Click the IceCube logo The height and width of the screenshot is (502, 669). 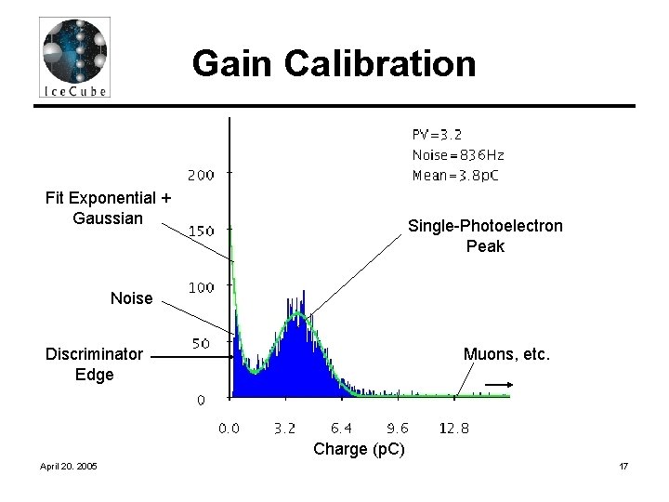pos(74,58)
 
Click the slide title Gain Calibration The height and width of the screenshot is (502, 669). pos(334,63)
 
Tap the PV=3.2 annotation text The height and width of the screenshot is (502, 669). pos(437,135)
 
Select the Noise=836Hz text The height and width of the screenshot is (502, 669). pos(458,155)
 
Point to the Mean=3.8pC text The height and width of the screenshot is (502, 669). pos(455,176)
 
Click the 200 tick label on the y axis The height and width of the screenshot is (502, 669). pos(201,175)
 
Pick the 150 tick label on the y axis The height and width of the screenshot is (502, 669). pos(201,231)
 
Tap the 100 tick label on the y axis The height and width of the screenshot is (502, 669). pos(201,287)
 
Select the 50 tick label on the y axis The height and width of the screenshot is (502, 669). pos(201,344)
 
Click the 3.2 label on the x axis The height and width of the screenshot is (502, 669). pos(284,429)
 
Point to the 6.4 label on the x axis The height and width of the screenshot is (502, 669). pos(341,429)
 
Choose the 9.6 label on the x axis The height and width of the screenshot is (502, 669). pos(398,429)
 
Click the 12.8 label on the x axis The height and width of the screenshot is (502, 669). pos(454,429)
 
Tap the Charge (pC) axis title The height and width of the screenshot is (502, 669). pos(359,449)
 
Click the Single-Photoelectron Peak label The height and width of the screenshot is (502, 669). pos(486,236)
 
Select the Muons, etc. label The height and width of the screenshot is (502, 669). pos(506,354)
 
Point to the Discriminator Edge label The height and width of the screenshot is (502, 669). pos(94,364)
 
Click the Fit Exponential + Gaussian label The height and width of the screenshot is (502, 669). pos(108,208)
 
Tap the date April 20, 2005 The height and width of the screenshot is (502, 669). pos(68,466)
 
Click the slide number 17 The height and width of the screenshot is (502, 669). pos(623,466)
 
